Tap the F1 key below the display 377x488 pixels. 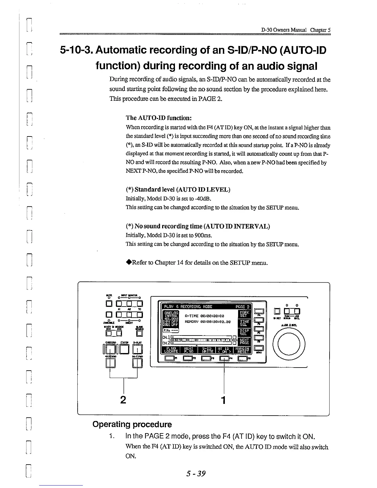[x=169, y=358]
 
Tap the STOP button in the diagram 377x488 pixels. [x=124, y=348]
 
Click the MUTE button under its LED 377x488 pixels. [x=108, y=305]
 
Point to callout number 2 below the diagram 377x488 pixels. [x=123, y=400]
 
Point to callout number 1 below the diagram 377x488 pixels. [x=224, y=400]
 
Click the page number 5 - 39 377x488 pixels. [x=196, y=473]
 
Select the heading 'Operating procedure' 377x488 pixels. [x=132, y=424]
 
